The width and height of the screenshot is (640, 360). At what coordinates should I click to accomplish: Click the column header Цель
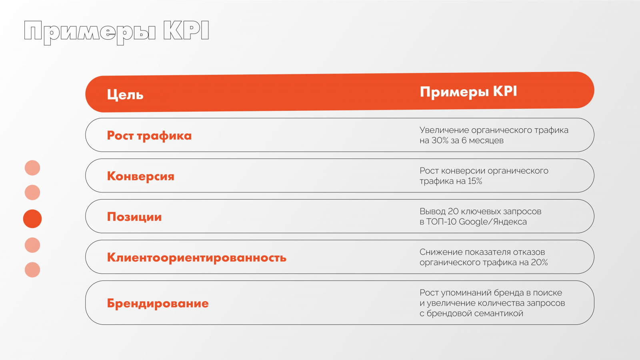pyautogui.click(x=125, y=95)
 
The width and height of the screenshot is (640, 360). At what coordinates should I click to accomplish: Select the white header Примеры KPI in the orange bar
pyautogui.click(x=468, y=92)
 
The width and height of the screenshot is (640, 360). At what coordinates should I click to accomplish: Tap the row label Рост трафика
pyautogui.click(x=149, y=136)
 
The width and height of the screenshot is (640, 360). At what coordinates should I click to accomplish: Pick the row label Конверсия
pyautogui.click(x=140, y=176)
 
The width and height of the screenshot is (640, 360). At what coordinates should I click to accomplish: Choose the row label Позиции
pyautogui.click(x=134, y=217)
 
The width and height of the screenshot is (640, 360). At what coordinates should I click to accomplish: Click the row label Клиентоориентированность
pyautogui.click(x=196, y=258)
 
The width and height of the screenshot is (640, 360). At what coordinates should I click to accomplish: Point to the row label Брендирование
pyautogui.click(x=158, y=303)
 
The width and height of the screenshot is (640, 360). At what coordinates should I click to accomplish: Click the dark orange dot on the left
pyautogui.click(x=32, y=219)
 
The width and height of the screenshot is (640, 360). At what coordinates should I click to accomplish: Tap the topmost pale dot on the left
pyautogui.click(x=32, y=168)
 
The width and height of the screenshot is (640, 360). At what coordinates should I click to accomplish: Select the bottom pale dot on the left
pyautogui.click(x=32, y=270)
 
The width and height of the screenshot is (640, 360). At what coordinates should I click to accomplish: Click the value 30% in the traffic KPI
pyautogui.click(x=440, y=140)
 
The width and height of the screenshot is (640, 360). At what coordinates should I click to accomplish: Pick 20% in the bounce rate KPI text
pyautogui.click(x=540, y=262)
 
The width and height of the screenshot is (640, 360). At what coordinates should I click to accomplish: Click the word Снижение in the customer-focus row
pyautogui.click(x=441, y=252)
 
